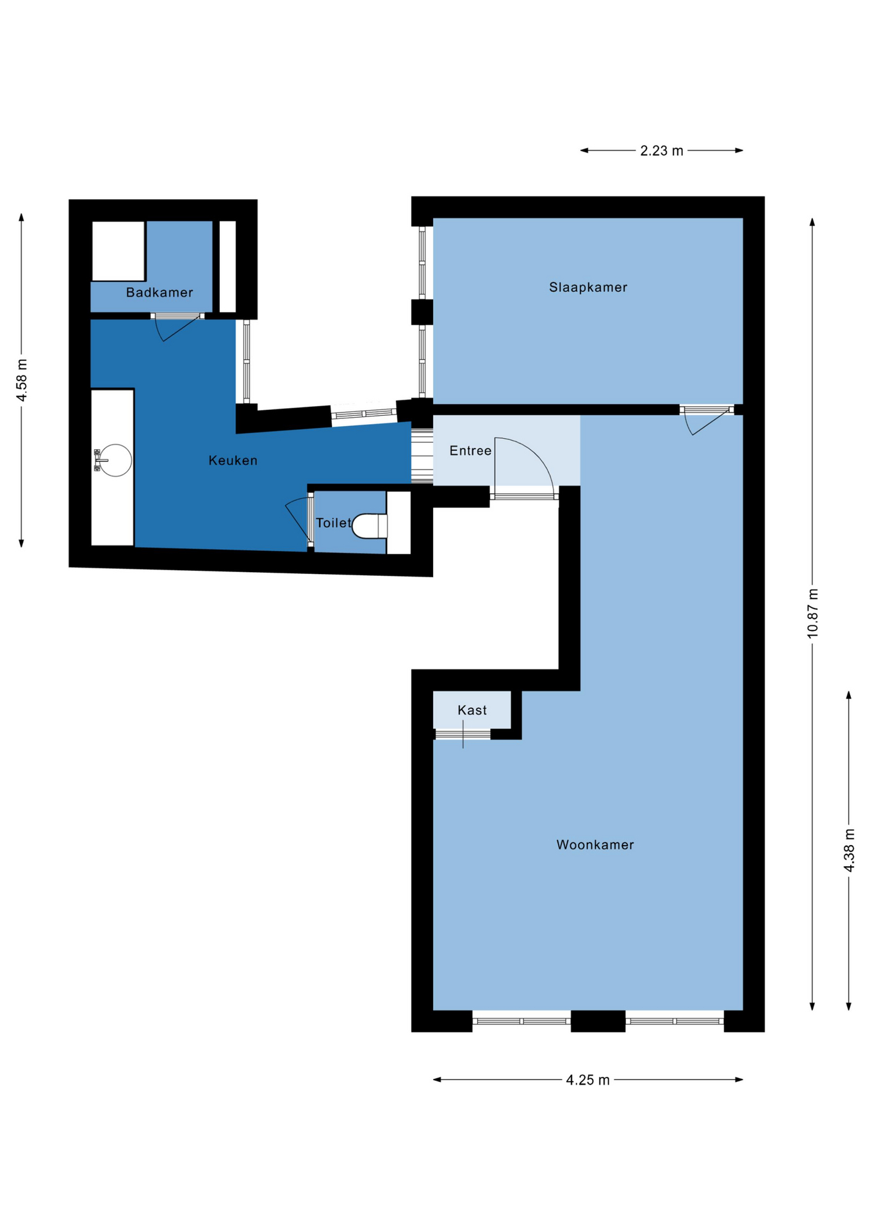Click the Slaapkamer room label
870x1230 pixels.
(587, 287)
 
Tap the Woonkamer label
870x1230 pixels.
(595, 844)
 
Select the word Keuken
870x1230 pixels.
(233, 460)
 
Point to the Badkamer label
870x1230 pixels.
(160, 292)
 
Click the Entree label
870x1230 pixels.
(470, 450)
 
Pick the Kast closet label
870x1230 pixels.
(472, 710)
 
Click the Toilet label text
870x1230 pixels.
(334, 523)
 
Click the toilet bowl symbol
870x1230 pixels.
(370, 526)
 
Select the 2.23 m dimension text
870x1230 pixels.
(662, 151)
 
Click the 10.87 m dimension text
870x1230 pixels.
(812, 613)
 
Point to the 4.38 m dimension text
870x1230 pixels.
(849, 850)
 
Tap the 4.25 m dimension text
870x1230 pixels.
(587, 1079)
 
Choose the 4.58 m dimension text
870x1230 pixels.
(22, 381)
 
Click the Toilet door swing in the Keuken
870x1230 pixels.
(299, 520)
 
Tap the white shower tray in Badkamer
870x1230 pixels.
(119, 250)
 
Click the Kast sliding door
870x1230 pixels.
(463, 734)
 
